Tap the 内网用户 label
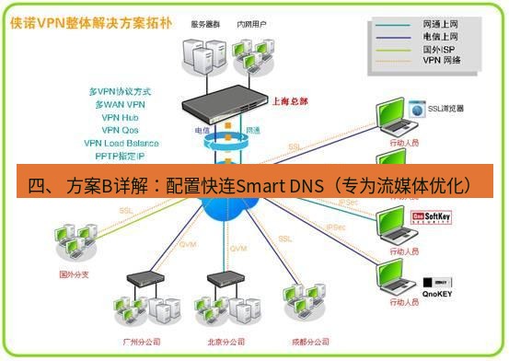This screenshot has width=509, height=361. [251, 25]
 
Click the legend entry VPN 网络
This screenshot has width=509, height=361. [442, 61]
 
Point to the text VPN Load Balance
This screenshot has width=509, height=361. [121, 143]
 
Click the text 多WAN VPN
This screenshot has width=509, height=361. [121, 104]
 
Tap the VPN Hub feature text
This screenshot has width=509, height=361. [121, 117]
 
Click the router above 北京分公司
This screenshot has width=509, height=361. [225, 278]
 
